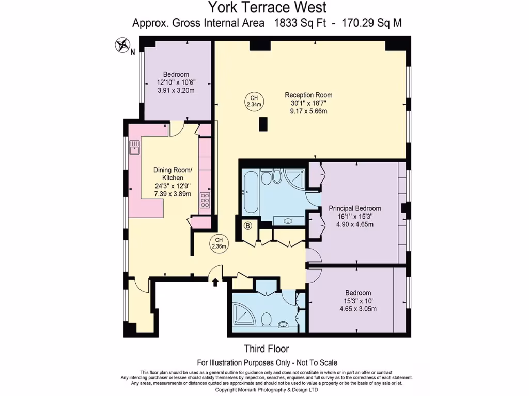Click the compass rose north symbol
[x=123, y=45]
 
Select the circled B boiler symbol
[x=247, y=225]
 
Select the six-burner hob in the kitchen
[x=205, y=200]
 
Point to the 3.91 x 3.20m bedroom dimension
[x=176, y=90]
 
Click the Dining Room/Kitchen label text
[x=173, y=174]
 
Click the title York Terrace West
[x=267, y=7]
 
